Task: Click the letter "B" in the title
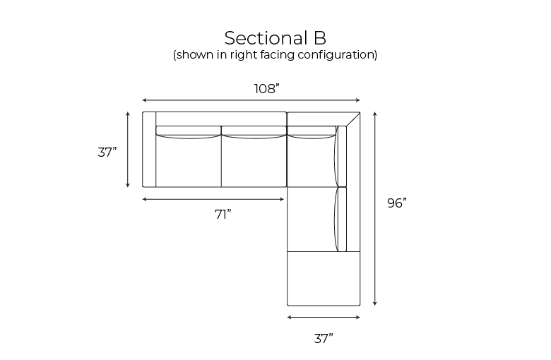pyautogui.click(x=320, y=38)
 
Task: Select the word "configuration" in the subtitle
pyautogui.click(x=336, y=55)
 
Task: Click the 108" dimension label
pyautogui.click(x=267, y=88)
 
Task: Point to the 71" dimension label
pyautogui.click(x=223, y=215)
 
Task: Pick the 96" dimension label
pyautogui.click(x=397, y=203)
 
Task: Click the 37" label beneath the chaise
pyautogui.click(x=324, y=339)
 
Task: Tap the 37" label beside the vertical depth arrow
pyautogui.click(x=107, y=152)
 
